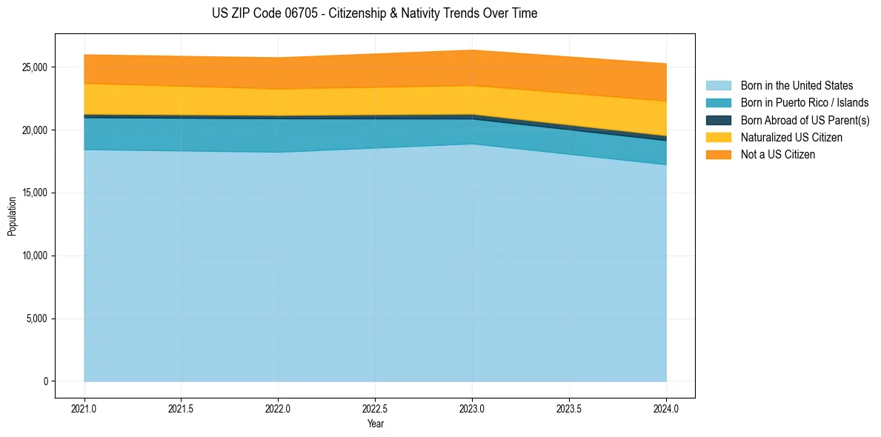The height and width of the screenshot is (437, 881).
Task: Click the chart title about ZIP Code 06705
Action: (x=374, y=13)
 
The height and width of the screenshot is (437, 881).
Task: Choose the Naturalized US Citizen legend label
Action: (x=791, y=138)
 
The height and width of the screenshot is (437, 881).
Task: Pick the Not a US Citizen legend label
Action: (x=777, y=155)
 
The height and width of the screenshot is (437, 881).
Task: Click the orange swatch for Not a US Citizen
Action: (x=718, y=155)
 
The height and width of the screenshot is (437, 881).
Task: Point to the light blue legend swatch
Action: (x=718, y=86)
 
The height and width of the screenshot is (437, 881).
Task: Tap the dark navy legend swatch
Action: (x=718, y=120)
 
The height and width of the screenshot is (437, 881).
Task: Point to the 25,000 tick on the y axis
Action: (x=35, y=67)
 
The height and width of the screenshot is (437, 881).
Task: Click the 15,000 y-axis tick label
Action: (x=35, y=193)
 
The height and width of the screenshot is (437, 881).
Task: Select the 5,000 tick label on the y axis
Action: (x=37, y=319)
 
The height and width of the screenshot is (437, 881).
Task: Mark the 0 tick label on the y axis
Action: (x=45, y=382)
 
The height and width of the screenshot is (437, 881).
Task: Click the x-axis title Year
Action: (x=376, y=424)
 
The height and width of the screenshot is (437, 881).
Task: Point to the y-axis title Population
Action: (x=12, y=216)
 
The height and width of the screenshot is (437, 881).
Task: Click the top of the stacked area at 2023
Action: (x=473, y=50)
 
